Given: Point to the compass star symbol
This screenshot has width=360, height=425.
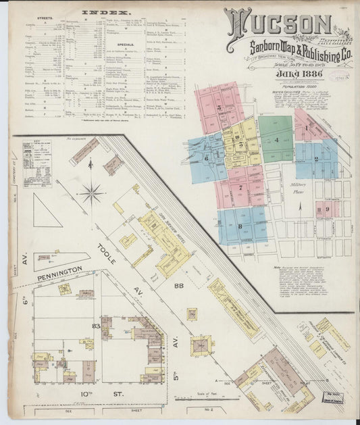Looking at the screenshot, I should click(x=90, y=194).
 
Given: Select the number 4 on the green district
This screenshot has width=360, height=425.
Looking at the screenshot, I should click(x=277, y=140).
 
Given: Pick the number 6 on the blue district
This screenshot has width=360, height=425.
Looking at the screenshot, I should click(x=206, y=158).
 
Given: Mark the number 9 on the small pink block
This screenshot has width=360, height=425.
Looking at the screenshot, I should click(x=327, y=211).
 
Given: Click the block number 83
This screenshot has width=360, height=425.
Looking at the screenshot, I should click(x=97, y=326).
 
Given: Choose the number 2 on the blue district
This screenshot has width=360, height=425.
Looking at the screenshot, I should click(x=316, y=159).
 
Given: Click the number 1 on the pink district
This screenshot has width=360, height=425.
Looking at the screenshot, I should click(x=306, y=127).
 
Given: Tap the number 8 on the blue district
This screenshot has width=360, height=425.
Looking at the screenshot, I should click(x=240, y=226).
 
